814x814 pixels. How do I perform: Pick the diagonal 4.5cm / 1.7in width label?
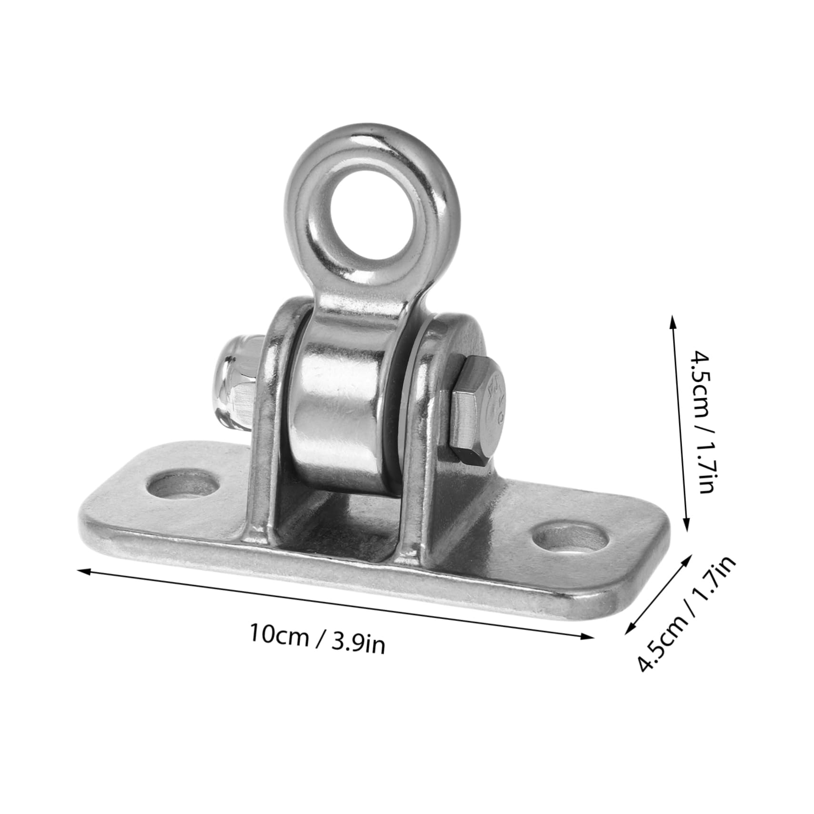686,614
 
